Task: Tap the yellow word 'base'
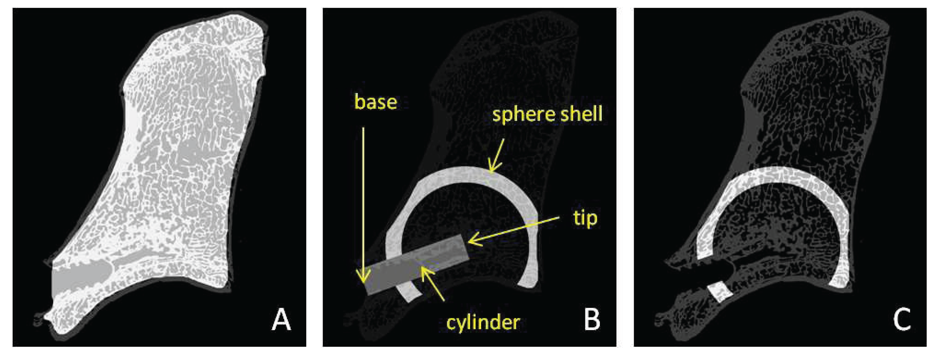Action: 375,102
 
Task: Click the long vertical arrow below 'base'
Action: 363,204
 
